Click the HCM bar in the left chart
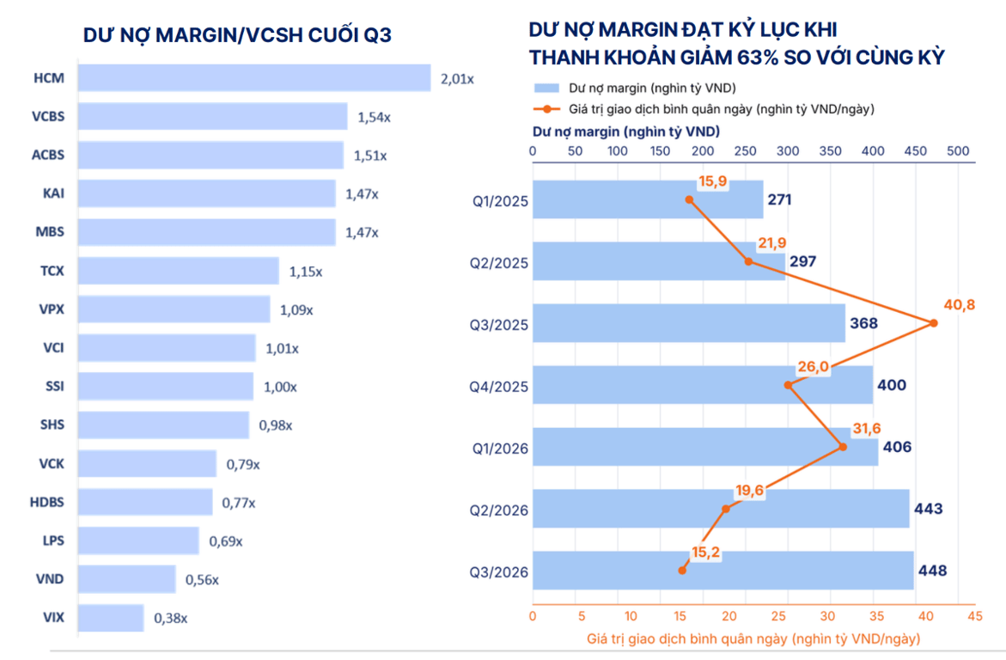[x=254, y=77]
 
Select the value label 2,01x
[x=457, y=79]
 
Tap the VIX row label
[x=53, y=617]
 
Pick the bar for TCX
[x=179, y=271]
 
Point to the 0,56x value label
[x=202, y=580]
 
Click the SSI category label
[x=54, y=386]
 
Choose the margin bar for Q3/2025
[x=689, y=323]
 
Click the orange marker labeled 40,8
[x=934, y=323]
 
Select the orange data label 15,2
[x=705, y=552]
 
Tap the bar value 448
[x=932, y=570]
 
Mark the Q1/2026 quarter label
[x=500, y=448]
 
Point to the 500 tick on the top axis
[x=958, y=151]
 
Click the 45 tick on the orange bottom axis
[x=974, y=615]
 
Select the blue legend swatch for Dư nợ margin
[x=546, y=88]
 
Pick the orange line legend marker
[x=546, y=109]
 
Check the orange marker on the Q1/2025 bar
[x=689, y=199]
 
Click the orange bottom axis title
[x=753, y=639]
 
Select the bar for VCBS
[x=213, y=116]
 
